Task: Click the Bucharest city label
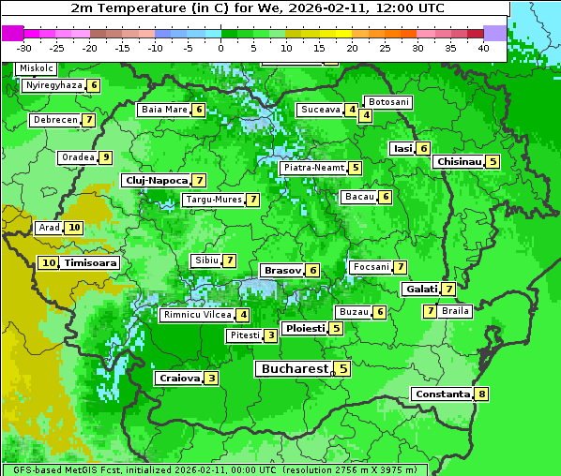coord(293,369)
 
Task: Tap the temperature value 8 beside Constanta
coord(482,394)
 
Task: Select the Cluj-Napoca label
coord(156,180)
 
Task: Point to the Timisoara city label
coord(91,263)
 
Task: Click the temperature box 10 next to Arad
coord(74,228)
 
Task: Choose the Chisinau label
coord(459,161)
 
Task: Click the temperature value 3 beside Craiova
coord(212,379)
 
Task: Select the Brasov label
coord(282,270)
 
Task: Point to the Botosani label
coord(388,101)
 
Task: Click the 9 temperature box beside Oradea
coord(106,157)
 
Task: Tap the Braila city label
coord(455,311)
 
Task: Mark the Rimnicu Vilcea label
coord(196,315)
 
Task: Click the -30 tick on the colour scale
coord(24,48)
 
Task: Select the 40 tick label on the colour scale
coord(483,48)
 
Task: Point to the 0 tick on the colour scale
coord(220,48)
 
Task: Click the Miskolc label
coord(37,68)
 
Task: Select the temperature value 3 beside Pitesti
coord(270,335)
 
